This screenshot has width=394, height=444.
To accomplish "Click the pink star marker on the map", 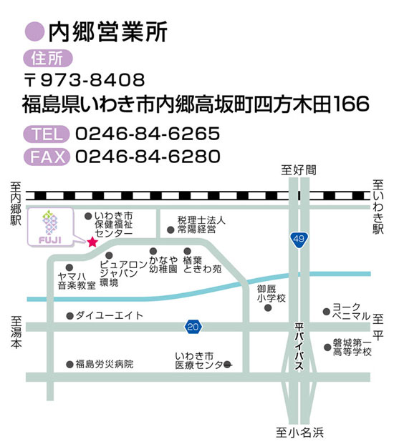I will (92, 242).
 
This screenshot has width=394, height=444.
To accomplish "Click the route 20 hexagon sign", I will (192, 327).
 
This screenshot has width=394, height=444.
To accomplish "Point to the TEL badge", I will (46, 134).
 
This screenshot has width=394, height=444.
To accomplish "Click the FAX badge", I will (46, 156).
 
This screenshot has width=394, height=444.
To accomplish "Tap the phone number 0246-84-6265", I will (147, 134).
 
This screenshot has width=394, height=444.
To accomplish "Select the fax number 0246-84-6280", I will (147, 156).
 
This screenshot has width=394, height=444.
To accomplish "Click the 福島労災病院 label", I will (104, 364).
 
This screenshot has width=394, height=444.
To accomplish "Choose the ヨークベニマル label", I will (351, 311).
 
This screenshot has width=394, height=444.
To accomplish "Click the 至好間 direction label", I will (299, 169).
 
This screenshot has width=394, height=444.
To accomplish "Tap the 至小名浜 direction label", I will (300, 432).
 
